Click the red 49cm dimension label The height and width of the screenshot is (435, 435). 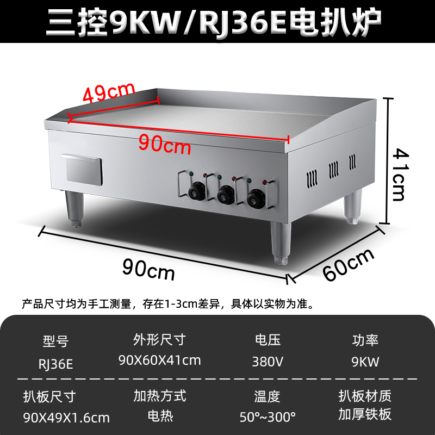pyautogui.click(x=109, y=94)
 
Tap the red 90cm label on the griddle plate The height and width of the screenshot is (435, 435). pyautogui.click(x=165, y=144)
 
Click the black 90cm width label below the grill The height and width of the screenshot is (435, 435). pyautogui.click(x=148, y=268)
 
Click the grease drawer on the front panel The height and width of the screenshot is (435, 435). pyautogui.click(x=83, y=170)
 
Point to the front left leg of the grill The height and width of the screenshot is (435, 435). pyautogui.click(x=75, y=209)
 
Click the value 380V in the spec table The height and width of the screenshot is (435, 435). pyautogui.click(x=268, y=361)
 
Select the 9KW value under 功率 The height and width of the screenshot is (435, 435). pyautogui.click(x=365, y=361)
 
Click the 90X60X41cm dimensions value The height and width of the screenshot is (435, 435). pyautogui.click(x=159, y=360)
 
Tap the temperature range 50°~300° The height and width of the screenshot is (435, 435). pyautogui.click(x=268, y=417)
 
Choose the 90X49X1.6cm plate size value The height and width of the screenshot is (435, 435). pyautogui.click(x=66, y=418)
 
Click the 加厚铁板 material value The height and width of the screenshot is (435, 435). pyautogui.click(x=364, y=414)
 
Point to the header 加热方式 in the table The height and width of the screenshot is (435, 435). pyautogui.click(x=159, y=396)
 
